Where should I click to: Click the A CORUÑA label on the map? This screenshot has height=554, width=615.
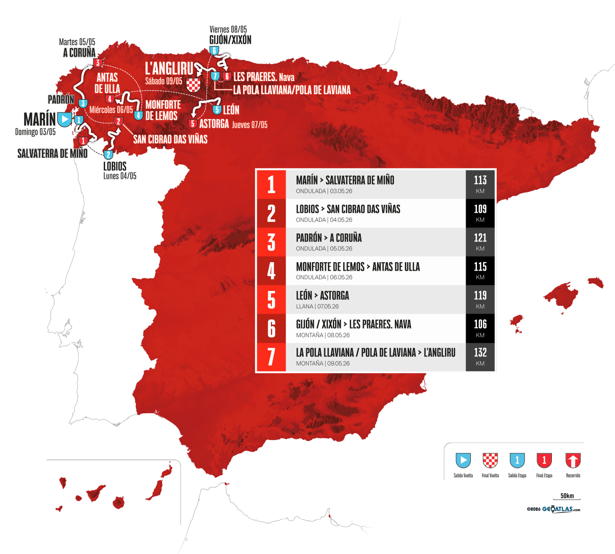pyautogui.click(x=79, y=53)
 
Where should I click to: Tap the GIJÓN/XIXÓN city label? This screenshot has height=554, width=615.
pyautogui.click(x=230, y=40)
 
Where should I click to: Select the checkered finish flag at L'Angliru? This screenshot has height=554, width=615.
pyautogui.click(x=194, y=85)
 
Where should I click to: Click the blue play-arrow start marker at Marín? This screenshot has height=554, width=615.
pyautogui.click(x=64, y=119)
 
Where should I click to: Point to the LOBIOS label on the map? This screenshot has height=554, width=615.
pyautogui.click(x=115, y=166)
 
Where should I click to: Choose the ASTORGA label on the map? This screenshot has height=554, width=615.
pyautogui.click(x=214, y=124)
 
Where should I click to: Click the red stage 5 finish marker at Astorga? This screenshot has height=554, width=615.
pyautogui.click(x=192, y=124)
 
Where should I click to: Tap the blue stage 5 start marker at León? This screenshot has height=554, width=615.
pyautogui.click(x=217, y=110)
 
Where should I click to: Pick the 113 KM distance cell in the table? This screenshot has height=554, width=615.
pyautogui.click(x=480, y=185)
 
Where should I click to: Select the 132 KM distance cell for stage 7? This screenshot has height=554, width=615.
pyautogui.click(x=480, y=357)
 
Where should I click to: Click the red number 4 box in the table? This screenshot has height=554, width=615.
pyautogui.click(x=271, y=271)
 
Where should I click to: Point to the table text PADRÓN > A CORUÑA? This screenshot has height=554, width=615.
pyautogui.click(x=329, y=238)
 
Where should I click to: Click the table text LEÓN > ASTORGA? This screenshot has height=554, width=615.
pyautogui.click(x=322, y=296)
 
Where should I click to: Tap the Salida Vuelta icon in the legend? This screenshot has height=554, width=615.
pyautogui.click(x=463, y=460)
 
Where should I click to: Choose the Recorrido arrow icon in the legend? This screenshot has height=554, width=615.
pyautogui.click(x=573, y=460)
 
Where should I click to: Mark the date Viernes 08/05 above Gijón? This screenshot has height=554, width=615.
pyautogui.click(x=228, y=30)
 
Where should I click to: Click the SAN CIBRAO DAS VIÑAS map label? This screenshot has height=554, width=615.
pyautogui.click(x=170, y=139)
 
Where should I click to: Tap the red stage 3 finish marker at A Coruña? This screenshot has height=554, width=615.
pyautogui.click(x=98, y=63)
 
